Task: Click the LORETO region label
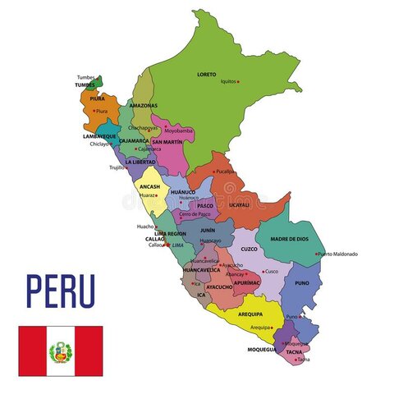(207, 74)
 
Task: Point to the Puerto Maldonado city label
(338, 254)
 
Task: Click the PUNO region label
(302, 283)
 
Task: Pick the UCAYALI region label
(240, 204)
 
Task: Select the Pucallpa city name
(226, 172)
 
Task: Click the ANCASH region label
(149, 186)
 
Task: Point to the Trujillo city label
(117, 167)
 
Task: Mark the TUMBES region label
(85, 85)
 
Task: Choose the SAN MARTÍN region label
(167, 142)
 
